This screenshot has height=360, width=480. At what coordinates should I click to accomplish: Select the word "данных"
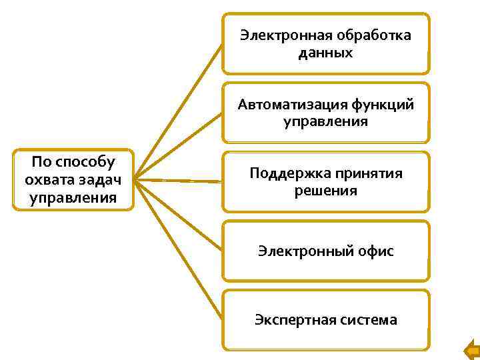tap(326, 52)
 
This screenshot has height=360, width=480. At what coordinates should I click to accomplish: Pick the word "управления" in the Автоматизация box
tap(326, 121)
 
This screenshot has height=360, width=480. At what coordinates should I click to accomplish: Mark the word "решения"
tap(326, 191)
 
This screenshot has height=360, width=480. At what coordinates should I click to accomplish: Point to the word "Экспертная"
tap(291, 320)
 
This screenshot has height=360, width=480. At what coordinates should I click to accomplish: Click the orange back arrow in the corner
tap(471, 349)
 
